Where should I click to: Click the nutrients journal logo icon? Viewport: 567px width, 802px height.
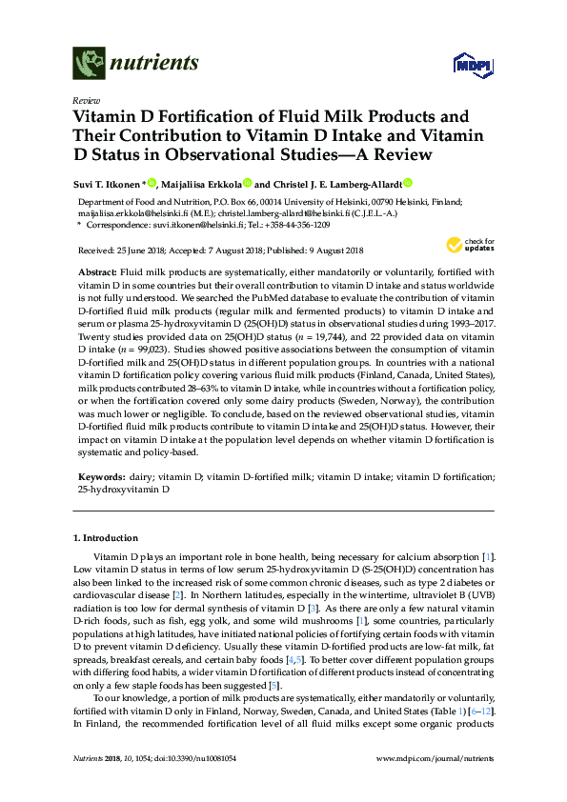click(88, 64)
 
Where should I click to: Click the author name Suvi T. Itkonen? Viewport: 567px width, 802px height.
click(106, 184)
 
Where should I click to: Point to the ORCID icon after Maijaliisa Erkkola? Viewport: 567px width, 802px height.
click(247, 183)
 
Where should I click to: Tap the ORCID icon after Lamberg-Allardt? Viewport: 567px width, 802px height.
click(408, 183)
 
